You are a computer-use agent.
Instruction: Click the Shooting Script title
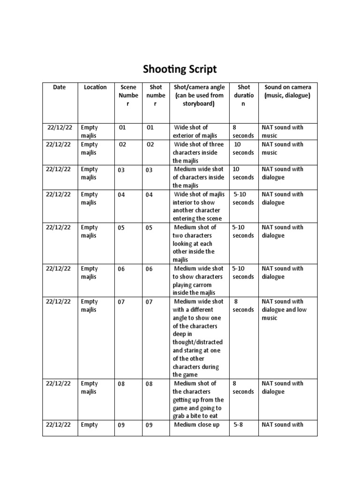click(x=180, y=69)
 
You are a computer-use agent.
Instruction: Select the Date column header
click(x=60, y=87)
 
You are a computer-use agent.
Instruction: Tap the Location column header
click(x=95, y=87)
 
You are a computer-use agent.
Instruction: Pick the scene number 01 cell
click(x=122, y=128)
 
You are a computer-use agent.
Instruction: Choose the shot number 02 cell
click(x=150, y=145)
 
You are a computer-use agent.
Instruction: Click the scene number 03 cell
click(x=121, y=170)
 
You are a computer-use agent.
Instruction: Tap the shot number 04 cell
click(x=149, y=195)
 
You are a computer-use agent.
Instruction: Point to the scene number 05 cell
click(x=121, y=228)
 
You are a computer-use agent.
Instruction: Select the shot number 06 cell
click(x=149, y=269)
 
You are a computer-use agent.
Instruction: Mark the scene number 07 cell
click(x=121, y=302)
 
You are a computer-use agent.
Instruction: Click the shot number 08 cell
click(x=149, y=384)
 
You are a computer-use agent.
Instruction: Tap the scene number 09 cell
click(x=121, y=426)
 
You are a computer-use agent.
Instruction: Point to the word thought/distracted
click(x=198, y=342)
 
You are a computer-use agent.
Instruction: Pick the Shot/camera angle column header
click(x=199, y=95)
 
